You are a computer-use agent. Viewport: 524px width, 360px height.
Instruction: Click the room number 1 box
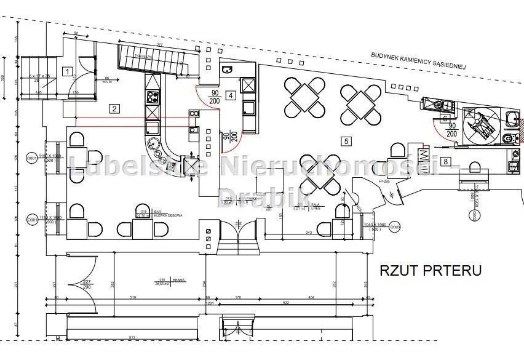[x=66, y=71]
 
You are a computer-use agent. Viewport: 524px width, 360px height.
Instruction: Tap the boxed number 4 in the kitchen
[x=230, y=95]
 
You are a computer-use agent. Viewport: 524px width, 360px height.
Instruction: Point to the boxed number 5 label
[x=346, y=141]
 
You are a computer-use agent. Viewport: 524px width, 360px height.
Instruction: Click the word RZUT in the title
[x=400, y=270]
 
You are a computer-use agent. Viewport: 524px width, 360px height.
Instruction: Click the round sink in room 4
[x=226, y=69]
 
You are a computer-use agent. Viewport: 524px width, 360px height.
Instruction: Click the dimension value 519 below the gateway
[x=132, y=297]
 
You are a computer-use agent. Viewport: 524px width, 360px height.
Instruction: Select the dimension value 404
[x=311, y=297]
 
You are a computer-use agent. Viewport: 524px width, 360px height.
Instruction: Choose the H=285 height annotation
[x=367, y=182]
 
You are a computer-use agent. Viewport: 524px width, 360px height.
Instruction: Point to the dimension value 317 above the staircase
[x=158, y=44]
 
